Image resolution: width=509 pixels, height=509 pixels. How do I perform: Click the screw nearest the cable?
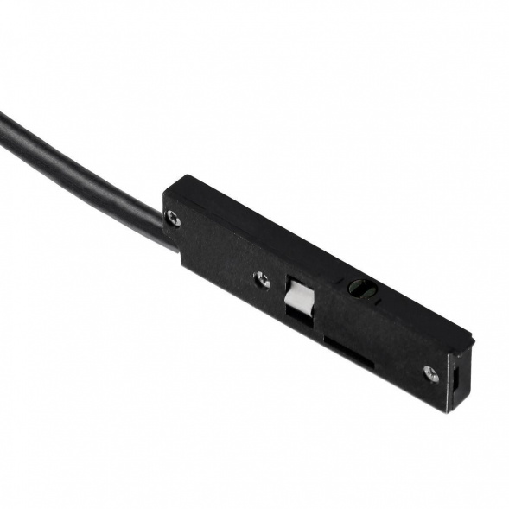[x=174, y=218]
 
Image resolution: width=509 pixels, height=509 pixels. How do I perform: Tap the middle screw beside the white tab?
[x=262, y=280]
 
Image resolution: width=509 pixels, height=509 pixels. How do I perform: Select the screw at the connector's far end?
[x=429, y=373]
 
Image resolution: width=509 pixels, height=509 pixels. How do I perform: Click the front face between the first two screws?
[x=216, y=251]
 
